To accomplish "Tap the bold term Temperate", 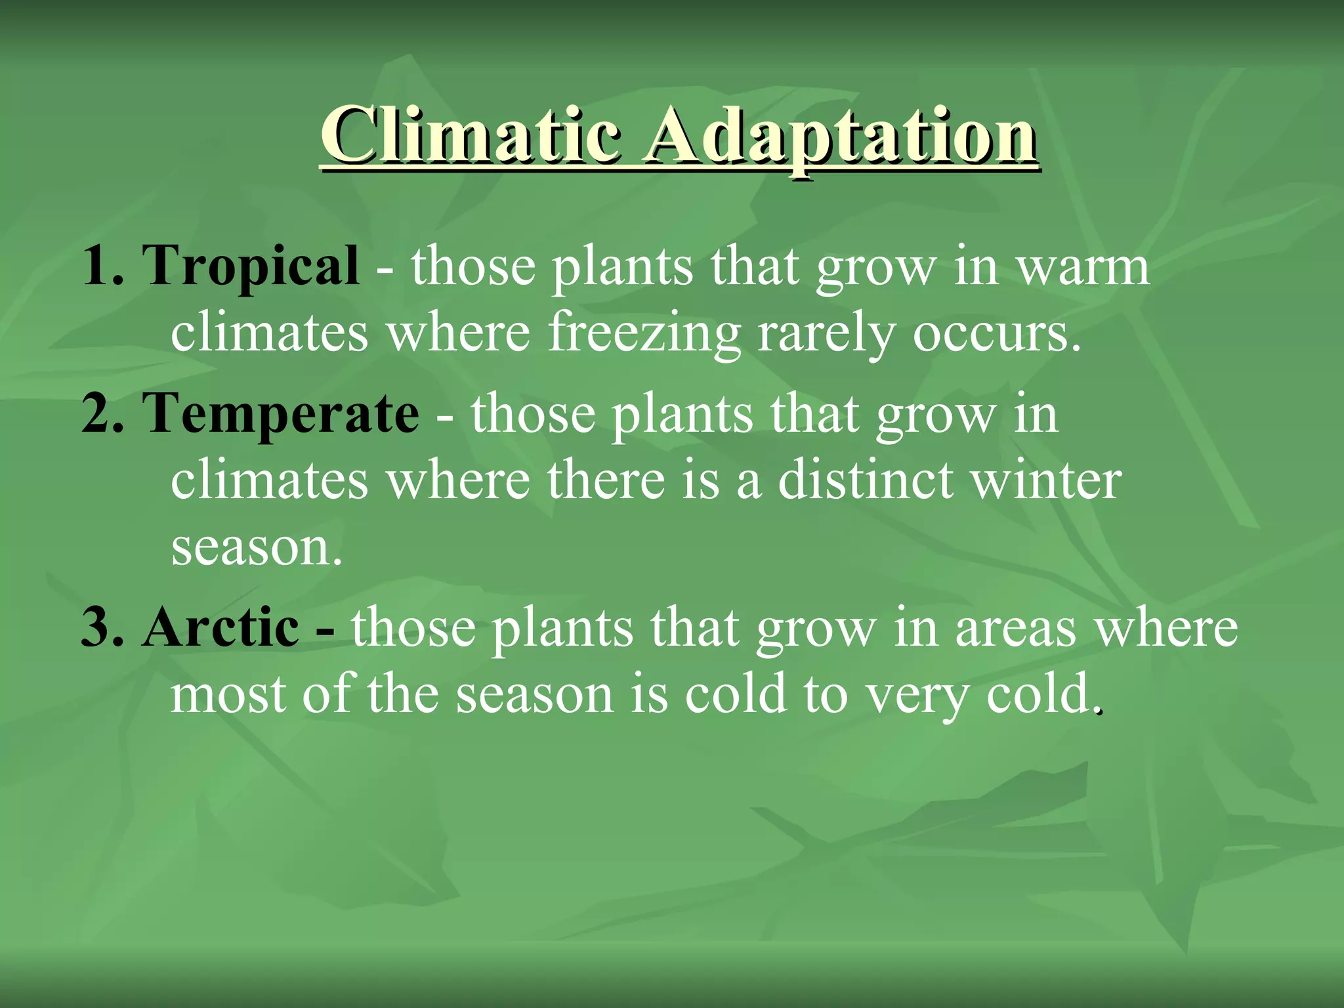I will point(280,413).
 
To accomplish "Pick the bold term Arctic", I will point(221,627).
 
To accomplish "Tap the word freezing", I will point(644,333).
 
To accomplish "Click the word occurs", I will point(995,333).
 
